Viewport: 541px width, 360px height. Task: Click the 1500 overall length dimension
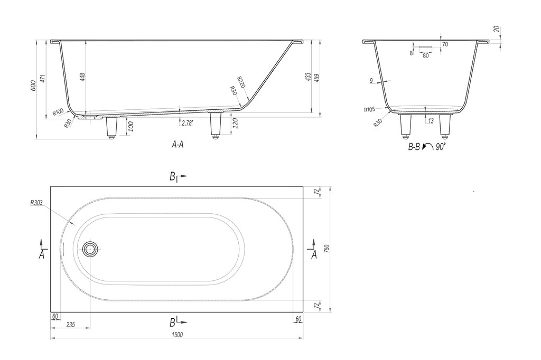point(176,335)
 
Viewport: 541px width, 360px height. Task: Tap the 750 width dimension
point(327,249)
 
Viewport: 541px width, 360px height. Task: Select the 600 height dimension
point(33,86)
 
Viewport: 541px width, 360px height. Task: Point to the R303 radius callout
point(36,203)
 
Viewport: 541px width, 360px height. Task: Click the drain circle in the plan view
point(90,248)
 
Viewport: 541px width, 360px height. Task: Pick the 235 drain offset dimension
point(70,325)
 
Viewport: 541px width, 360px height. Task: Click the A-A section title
point(178,145)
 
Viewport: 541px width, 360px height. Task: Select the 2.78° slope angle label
point(186,123)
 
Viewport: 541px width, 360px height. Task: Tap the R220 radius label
point(241,82)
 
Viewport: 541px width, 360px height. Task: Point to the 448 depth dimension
point(82,77)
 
